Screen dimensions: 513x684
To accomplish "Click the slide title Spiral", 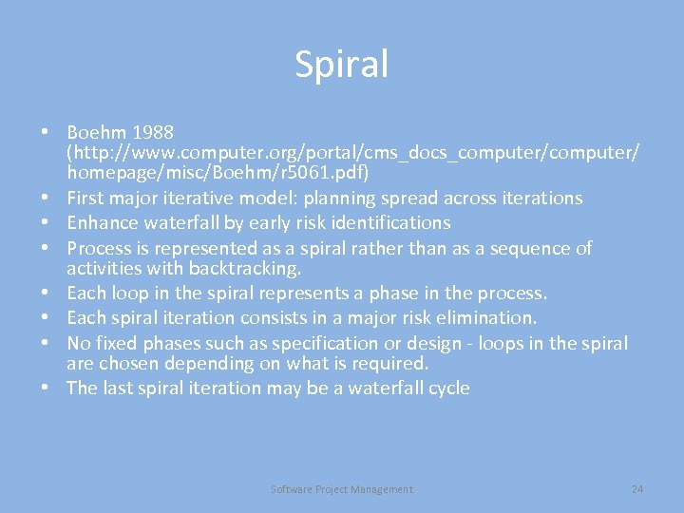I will [x=342, y=65].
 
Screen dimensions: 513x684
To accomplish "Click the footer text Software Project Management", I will [x=342, y=489].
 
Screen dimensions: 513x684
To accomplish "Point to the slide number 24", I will [x=637, y=489].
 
